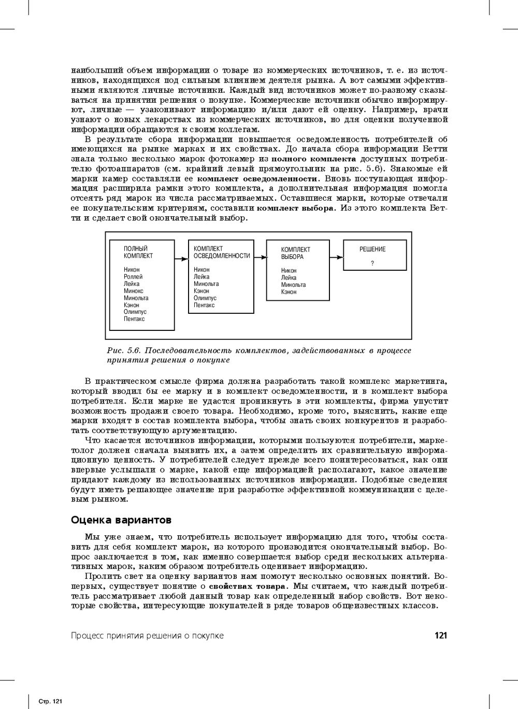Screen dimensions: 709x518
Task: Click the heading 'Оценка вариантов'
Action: (x=121, y=520)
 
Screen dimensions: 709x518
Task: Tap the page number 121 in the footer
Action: (x=440, y=635)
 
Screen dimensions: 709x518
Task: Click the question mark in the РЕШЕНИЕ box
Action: (x=372, y=263)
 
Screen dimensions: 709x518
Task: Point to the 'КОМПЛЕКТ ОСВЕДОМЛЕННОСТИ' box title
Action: (x=222, y=252)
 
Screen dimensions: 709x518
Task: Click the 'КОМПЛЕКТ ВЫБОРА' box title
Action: (x=296, y=253)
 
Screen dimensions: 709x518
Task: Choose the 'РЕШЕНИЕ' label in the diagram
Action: (x=372, y=249)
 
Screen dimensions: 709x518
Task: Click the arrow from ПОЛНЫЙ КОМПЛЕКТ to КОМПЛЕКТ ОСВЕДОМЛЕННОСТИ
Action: (x=181, y=258)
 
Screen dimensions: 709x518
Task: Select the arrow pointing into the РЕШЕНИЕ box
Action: (x=336, y=257)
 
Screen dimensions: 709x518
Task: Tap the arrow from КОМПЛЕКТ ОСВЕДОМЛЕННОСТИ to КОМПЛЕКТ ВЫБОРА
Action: (x=260, y=258)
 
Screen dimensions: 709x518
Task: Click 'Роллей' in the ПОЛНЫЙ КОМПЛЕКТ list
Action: (x=133, y=277)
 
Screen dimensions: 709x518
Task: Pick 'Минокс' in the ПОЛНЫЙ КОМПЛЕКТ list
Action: (x=134, y=291)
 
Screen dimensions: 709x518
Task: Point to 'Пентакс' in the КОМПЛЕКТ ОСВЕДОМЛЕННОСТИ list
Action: (x=204, y=305)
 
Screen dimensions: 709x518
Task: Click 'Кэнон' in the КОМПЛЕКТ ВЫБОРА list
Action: (x=289, y=292)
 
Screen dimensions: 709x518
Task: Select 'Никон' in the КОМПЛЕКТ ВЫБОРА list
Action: (x=289, y=271)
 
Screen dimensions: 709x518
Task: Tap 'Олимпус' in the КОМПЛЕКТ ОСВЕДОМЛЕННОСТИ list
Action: (x=205, y=298)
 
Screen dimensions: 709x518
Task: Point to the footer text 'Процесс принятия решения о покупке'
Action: (x=147, y=635)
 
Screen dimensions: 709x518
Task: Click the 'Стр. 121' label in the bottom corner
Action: (x=51, y=701)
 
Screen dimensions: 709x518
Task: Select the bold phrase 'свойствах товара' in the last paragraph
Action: (x=247, y=586)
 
